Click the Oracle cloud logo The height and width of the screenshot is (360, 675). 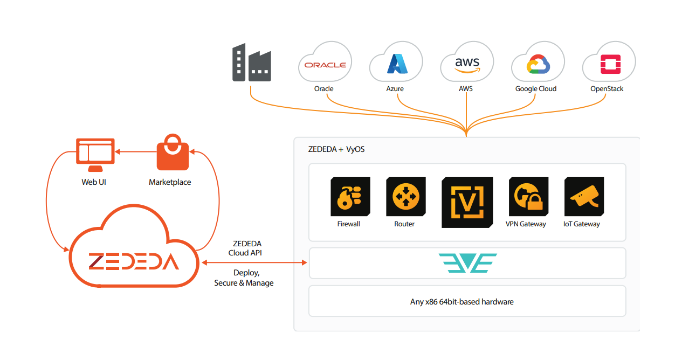point(325,65)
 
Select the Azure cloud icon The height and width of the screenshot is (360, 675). point(397,64)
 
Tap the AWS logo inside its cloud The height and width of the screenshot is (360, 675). point(467,65)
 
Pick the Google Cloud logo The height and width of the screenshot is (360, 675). point(538,64)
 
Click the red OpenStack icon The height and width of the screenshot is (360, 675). point(610,64)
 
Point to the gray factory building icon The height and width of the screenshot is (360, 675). point(252,63)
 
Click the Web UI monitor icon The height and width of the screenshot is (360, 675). point(95,155)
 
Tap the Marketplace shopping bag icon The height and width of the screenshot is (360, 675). point(173,152)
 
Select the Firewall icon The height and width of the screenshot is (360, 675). point(350,196)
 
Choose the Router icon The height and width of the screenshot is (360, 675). point(405,196)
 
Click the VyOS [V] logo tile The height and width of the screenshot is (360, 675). point(467,202)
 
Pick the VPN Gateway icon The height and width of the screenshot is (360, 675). point(528,196)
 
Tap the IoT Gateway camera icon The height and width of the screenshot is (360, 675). point(584,196)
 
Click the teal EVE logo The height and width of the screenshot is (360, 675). point(467,263)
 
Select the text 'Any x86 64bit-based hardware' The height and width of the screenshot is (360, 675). point(462,302)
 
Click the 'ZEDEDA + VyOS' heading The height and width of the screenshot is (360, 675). point(336,149)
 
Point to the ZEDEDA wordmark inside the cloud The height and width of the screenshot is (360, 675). point(134,261)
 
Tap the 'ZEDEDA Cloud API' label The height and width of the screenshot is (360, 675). point(246,248)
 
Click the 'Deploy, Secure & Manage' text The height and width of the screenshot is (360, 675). point(244,278)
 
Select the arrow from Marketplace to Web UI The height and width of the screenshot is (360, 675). point(136,151)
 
